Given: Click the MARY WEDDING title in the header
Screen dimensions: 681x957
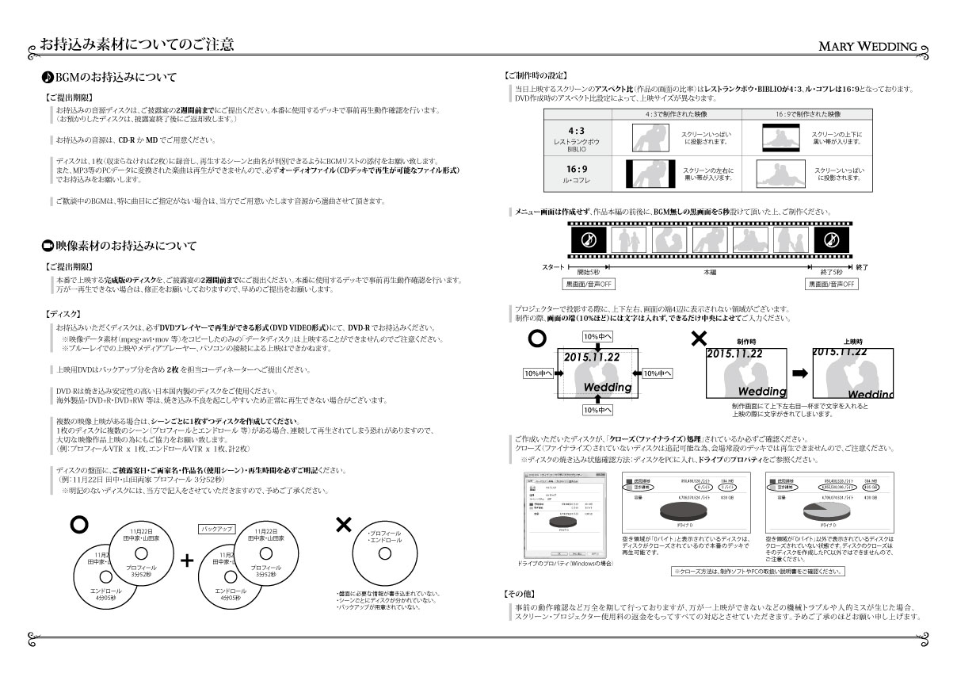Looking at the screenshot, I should click(867, 46).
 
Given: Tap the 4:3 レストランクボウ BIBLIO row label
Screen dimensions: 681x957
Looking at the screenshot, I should click(577, 136).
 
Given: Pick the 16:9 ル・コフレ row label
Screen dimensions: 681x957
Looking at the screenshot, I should click(577, 174).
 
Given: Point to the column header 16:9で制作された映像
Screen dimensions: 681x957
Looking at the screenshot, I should click(808, 113).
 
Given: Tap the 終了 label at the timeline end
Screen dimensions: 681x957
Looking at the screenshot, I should click(862, 267).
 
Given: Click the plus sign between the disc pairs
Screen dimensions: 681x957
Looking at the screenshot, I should click(188, 560).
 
